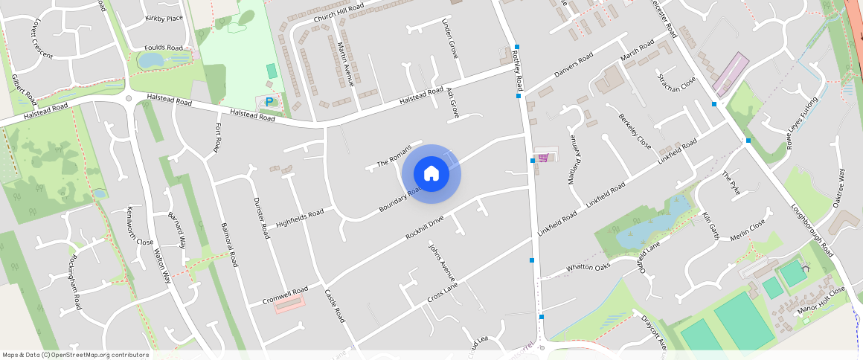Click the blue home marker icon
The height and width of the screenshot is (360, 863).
pos(431,174)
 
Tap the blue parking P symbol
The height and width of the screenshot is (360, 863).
pos(269,101)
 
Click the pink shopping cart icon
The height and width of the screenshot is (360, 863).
pos(544,158)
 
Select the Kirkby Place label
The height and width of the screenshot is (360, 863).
pos(164,18)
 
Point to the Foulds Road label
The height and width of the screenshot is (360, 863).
pos(164,48)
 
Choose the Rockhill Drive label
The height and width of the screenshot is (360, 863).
pos(424,227)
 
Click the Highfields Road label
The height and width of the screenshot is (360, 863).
pos(300,218)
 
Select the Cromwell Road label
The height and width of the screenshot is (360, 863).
pos(285,295)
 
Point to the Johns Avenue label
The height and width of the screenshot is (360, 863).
pos(440,259)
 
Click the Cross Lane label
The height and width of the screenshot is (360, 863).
pos(442,292)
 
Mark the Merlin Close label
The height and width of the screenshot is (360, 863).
pos(748,231)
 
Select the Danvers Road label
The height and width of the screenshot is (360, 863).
pos(574,65)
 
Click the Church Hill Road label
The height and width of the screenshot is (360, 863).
pos(339,12)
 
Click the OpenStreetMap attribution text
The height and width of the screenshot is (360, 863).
pos(76,355)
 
